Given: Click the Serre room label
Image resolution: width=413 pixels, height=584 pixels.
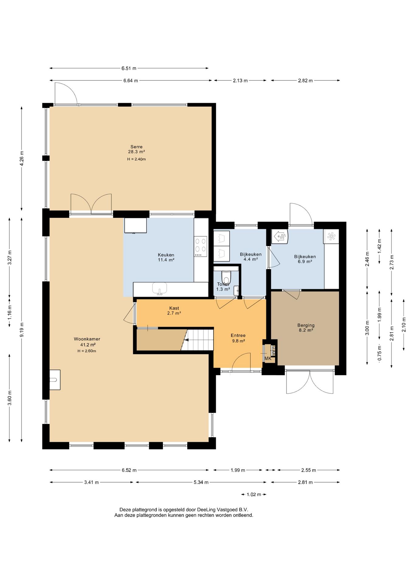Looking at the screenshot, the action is tap(137, 147).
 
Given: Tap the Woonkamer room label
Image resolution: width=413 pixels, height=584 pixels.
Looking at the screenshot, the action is tap(87, 339).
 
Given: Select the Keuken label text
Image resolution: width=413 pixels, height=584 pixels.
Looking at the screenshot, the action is tap(166, 255).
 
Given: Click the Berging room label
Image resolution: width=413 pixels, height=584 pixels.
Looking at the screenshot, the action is tap(306, 325).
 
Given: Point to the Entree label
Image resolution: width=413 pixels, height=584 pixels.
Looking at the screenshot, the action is tap(238, 335).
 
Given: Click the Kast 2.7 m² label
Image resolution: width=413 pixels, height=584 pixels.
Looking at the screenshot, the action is tap(174, 311).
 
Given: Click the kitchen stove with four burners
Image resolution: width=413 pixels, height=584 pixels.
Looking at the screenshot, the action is tap(201, 247).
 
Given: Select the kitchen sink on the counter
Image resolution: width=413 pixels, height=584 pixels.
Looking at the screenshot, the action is tap(160, 289).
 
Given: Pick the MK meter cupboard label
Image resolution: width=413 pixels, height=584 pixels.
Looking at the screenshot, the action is tap(268, 359).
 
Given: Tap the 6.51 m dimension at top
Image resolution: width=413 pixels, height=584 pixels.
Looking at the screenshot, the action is tap(129, 68).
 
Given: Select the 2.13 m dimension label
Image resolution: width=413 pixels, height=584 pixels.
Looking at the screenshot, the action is tap(240, 81).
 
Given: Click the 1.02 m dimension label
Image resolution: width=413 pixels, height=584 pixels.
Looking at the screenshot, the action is tap(254, 494).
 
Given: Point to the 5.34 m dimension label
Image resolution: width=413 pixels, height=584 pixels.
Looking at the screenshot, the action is tap(201, 482).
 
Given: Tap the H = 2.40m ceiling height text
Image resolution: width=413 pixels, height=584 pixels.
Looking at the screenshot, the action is tap(137, 159).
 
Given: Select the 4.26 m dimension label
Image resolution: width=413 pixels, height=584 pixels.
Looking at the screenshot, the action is tap(22, 158).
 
